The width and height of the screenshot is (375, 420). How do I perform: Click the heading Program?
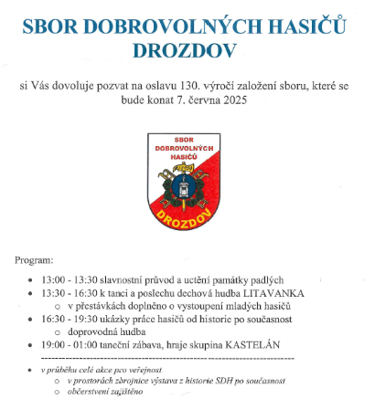[x=40, y=261]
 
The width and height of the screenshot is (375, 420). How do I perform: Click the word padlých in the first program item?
[x=266, y=278]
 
